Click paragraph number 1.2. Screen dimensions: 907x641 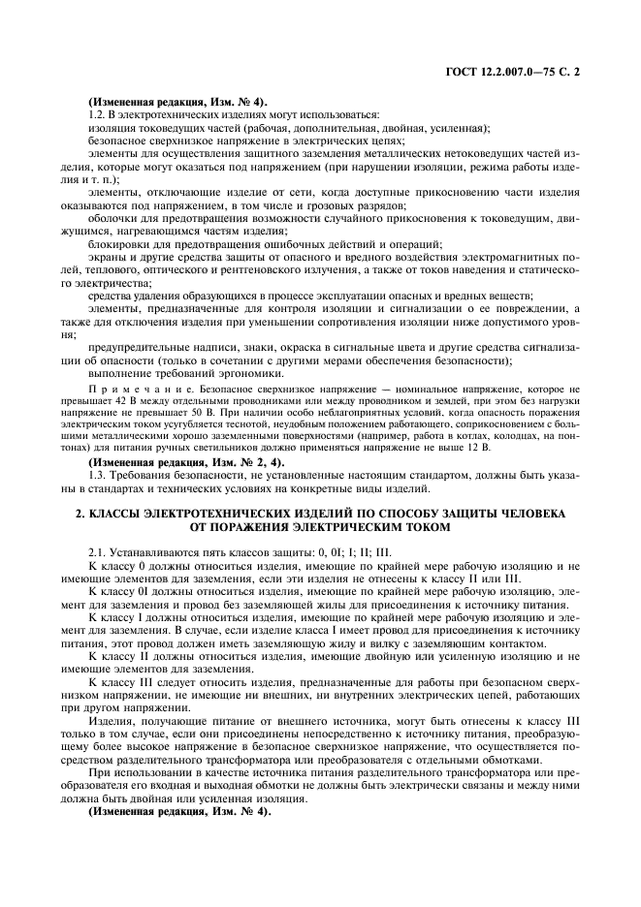(x=95, y=115)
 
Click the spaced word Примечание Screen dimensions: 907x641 (x=126, y=386)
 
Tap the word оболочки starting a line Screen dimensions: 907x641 (x=113, y=219)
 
